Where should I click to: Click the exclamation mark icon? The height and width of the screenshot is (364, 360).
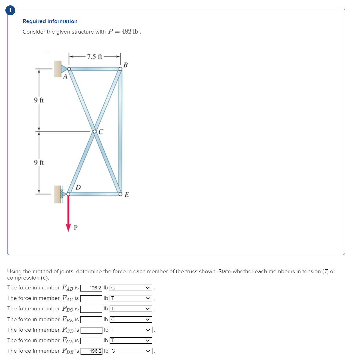tap(10, 10)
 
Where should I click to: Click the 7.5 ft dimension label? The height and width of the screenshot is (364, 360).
tap(94, 57)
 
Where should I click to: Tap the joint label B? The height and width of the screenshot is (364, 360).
tap(125, 65)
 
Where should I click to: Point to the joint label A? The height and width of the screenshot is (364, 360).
tap(65, 77)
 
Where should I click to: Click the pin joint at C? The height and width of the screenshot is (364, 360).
tap(95, 132)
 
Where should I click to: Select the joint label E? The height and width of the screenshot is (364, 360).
tap(127, 195)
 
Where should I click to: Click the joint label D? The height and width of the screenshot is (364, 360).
tap(78, 188)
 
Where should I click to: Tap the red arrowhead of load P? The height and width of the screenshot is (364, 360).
tap(68, 227)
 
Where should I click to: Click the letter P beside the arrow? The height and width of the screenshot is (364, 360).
tap(75, 228)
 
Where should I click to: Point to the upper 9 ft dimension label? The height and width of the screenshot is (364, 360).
tap(39, 100)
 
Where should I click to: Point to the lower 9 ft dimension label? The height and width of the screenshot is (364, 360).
tap(39, 162)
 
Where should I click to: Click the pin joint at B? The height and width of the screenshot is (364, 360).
tap(120, 69)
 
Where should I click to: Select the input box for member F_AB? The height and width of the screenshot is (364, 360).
tap(91, 288)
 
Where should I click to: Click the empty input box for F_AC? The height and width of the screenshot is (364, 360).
tap(91, 298)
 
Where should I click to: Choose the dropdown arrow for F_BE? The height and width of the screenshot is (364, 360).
tap(148, 320)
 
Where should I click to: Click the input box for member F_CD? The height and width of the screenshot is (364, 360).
tap(91, 330)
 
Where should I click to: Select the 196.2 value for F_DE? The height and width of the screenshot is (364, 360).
tap(92, 351)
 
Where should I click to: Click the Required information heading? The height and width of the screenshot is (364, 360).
tap(50, 21)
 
